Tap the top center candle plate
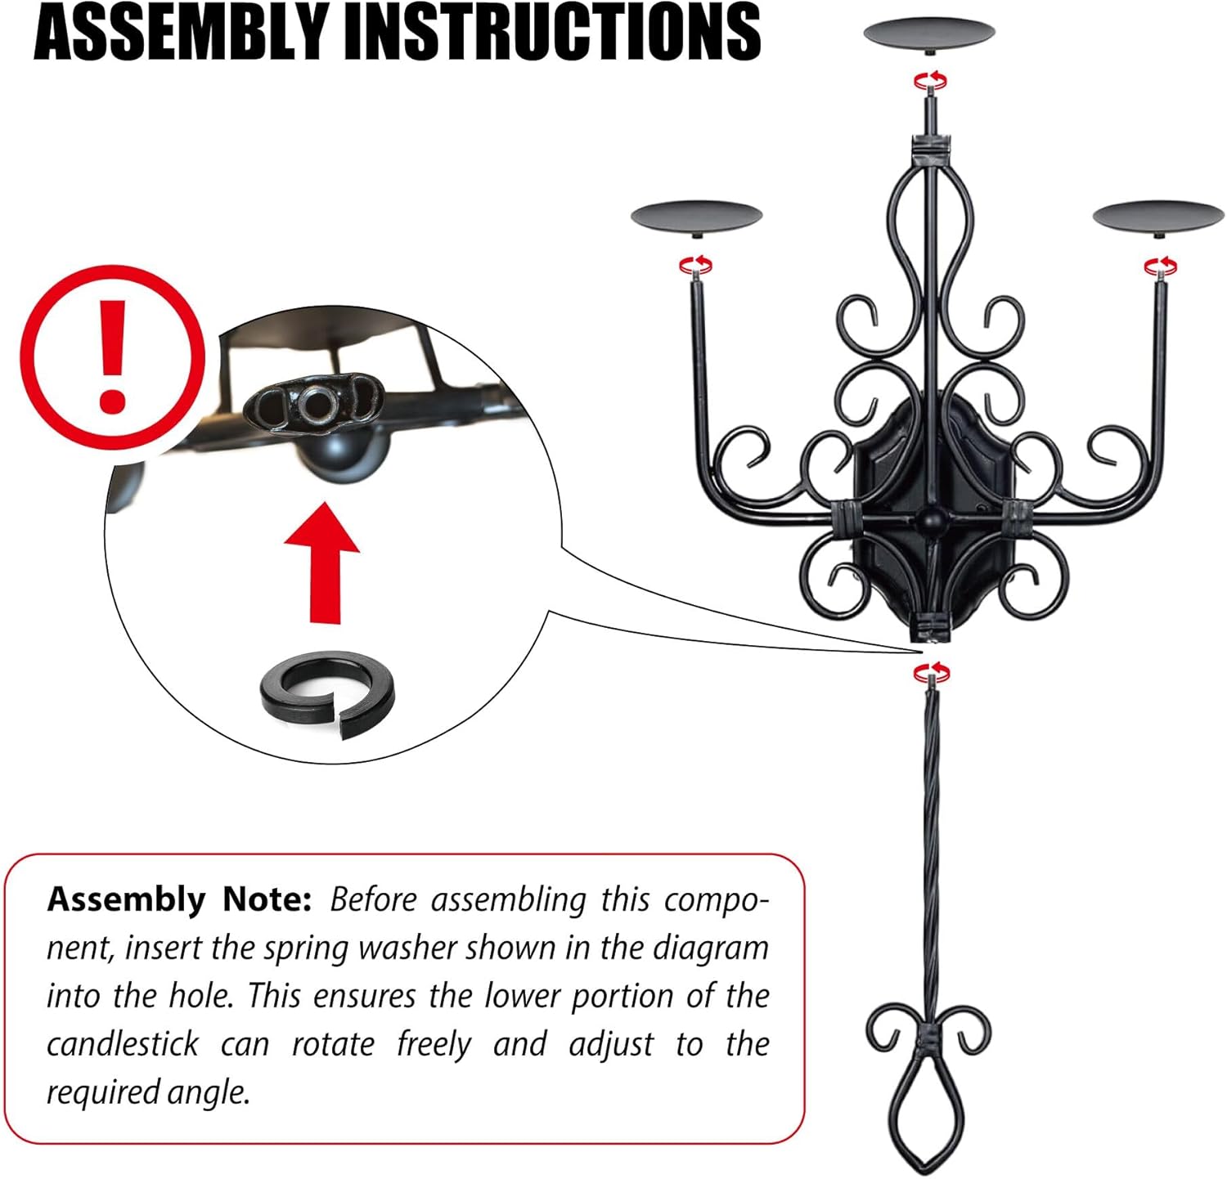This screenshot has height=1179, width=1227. pos(929,33)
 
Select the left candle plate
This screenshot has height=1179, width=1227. pos(696,217)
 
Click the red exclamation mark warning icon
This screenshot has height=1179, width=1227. pos(112,356)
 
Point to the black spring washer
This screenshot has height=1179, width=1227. pos(327,693)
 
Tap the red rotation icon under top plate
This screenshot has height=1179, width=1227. pos(930,80)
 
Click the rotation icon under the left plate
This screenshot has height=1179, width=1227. pos(696,264)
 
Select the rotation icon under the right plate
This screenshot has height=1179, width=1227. pos(1160,265)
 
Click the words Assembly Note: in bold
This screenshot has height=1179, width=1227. pos(179,899)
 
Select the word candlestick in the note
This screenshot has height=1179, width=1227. pos(122,1044)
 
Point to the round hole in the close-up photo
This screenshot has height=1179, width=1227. pos(317,402)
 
